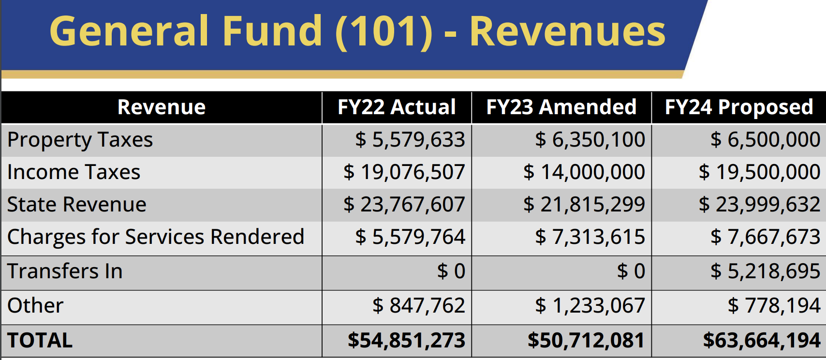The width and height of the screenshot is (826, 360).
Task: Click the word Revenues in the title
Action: point(567,31)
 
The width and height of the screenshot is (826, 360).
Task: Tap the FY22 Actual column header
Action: point(397,107)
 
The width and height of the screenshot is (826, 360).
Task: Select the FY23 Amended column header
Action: point(561,107)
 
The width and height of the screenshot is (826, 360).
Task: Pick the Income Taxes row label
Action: point(74,172)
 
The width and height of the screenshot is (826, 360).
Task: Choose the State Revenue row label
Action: point(77,204)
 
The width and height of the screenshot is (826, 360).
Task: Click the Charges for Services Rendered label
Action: point(156,237)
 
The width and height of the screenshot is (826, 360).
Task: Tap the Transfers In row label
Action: point(65,271)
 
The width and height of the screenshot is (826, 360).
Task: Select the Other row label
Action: point(35,306)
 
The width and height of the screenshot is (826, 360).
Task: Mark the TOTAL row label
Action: point(40,340)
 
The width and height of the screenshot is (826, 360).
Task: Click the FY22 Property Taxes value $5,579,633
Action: point(410,140)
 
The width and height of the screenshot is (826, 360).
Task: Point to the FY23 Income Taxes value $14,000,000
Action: point(584,172)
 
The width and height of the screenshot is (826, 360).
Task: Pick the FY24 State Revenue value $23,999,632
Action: point(760,205)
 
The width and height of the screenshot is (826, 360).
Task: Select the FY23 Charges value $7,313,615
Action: point(590,237)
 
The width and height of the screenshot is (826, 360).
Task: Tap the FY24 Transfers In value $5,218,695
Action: point(766,271)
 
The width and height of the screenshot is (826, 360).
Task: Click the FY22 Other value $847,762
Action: point(419,306)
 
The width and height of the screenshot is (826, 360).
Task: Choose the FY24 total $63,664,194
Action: point(762,341)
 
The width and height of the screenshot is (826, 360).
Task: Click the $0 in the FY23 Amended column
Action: point(631,271)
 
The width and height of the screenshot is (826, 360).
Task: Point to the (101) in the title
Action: point(384,32)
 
